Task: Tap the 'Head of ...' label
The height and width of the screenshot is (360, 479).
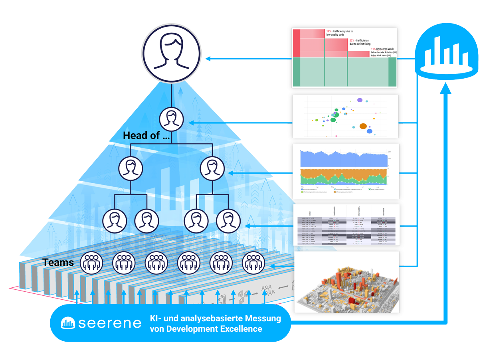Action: click(146, 135)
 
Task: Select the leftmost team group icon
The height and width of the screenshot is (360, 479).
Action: click(91, 263)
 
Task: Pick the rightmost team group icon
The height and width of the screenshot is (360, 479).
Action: click(253, 263)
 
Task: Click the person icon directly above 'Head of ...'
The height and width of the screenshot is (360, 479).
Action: click(171, 119)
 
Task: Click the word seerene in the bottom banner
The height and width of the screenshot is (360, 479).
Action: click(110, 323)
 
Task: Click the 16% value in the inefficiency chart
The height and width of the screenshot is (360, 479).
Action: click(329, 31)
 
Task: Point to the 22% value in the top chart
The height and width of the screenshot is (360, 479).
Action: click(352, 41)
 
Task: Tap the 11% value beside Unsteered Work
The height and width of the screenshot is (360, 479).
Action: click(373, 49)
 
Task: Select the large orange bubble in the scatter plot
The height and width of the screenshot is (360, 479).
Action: click(363, 126)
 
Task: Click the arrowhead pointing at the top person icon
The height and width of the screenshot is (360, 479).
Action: click(208, 59)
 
